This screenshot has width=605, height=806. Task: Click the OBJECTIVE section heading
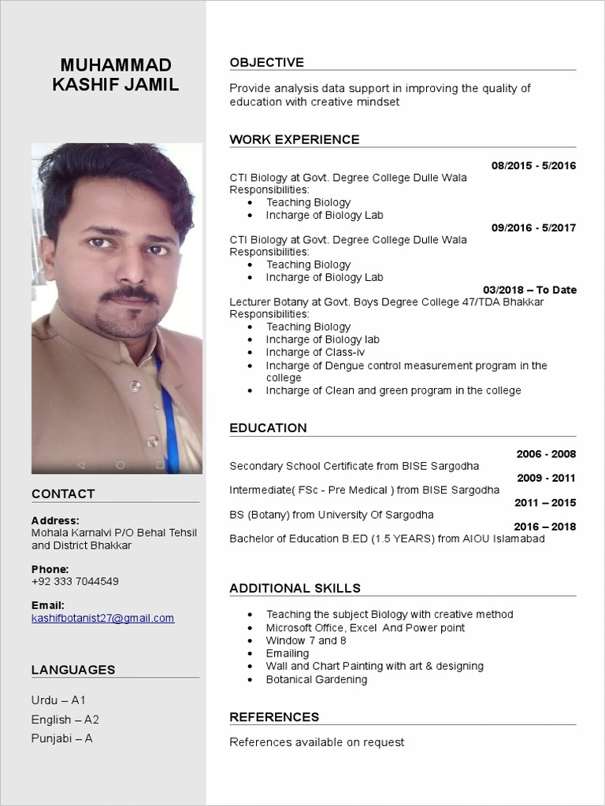tap(266, 63)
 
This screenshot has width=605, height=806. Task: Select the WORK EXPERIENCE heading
tap(294, 140)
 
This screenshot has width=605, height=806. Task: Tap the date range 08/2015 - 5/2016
tap(533, 165)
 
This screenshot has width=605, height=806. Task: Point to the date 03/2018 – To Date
tap(529, 290)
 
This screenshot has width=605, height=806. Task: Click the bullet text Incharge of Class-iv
tap(315, 353)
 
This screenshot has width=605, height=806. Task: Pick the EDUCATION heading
tap(268, 428)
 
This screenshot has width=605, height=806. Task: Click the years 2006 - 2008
tap(546, 454)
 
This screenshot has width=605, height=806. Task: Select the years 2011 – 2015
tap(545, 503)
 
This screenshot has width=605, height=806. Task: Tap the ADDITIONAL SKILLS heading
tap(295, 589)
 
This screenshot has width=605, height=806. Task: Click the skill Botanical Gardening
tap(316, 679)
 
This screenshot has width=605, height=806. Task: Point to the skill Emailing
tap(288, 653)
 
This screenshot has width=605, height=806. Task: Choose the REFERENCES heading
tap(274, 717)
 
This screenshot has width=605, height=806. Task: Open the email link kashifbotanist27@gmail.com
tap(102, 619)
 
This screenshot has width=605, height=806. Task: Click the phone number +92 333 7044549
tap(75, 582)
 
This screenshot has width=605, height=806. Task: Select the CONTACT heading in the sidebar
tap(63, 494)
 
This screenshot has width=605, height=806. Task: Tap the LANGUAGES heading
tap(73, 671)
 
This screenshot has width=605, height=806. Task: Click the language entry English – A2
tap(65, 719)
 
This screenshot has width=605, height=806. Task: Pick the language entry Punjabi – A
tap(62, 738)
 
